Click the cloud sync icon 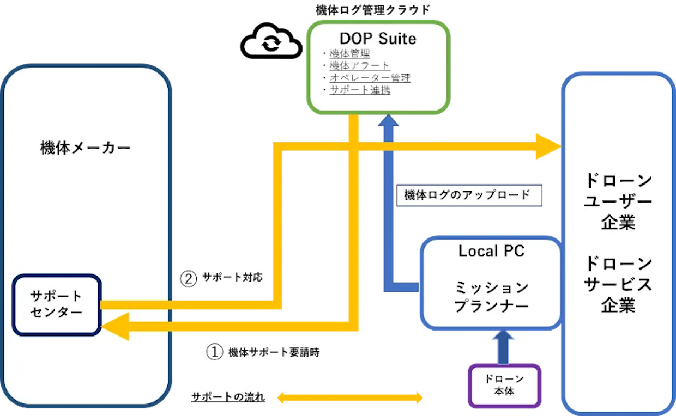tap(271, 41)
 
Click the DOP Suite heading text tap(378, 39)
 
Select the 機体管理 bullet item tap(349, 54)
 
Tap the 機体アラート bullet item tap(359, 65)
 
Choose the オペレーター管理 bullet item tap(370, 78)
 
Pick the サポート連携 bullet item tap(360, 90)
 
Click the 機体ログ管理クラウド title tap(373, 10)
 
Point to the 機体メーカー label tap(86, 148)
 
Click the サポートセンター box tap(57, 305)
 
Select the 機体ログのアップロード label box tap(469, 195)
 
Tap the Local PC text tap(491, 251)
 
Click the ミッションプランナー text tap(491, 297)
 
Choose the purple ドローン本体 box tap(504, 386)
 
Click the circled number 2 tap(188, 279)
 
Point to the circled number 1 tap(215, 352)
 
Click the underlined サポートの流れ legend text tap(228, 397)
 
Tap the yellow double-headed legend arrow tap(350, 397)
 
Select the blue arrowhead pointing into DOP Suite tap(388, 120)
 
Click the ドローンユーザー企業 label tap(618, 201)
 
